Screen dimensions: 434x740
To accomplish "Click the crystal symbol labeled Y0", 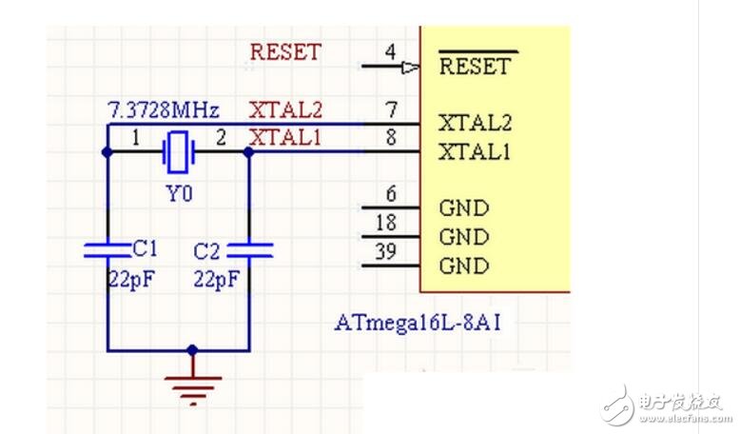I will pos(177,150).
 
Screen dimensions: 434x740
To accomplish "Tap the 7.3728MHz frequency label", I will pos(164,108).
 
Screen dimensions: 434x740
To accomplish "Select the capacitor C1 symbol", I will pos(107,249).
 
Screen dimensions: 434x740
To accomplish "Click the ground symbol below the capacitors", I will pos(193,383).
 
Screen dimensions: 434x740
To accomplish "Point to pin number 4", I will pos(391,51).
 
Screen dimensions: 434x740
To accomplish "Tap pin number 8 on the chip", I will pos(390,137).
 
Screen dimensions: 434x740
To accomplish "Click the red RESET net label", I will pos(285,51).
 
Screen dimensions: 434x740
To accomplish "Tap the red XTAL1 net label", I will pos(285,137).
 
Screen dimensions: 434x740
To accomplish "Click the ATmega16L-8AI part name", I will pos(418,322).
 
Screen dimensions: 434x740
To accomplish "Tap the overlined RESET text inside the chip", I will pos(475,67).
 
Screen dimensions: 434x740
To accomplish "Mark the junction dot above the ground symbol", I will pos(193,350).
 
